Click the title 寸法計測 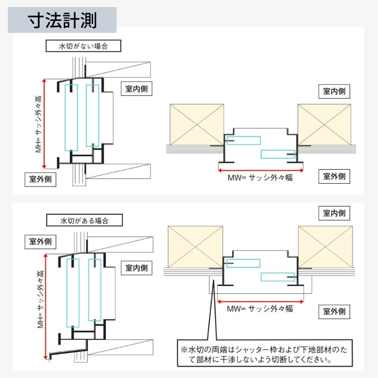(x=62, y=20)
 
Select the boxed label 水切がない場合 (x=84, y=46)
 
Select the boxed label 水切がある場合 (x=85, y=220)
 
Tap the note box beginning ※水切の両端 (x=265, y=353)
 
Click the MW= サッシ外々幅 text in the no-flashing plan (x=260, y=178)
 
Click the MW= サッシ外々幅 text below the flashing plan (x=260, y=309)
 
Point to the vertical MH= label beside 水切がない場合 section (x=38, y=124)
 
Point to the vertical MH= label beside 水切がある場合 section (x=41, y=299)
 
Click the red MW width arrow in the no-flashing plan (x=261, y=171)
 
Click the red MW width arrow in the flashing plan (x=260, y=301)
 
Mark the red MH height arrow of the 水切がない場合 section (x=44, y=124)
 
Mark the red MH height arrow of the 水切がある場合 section (x=45, y=306)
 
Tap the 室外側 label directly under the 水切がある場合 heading (x=41, y=242)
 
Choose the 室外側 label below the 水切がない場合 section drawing (x=41, y=180)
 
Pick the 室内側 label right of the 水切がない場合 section (x=137, y=89)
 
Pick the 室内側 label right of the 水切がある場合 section (x=137, y=268)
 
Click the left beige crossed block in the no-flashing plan (x=197, y=125)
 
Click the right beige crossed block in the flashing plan (x=326, y=247)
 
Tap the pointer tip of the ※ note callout (x=213, y=280)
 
